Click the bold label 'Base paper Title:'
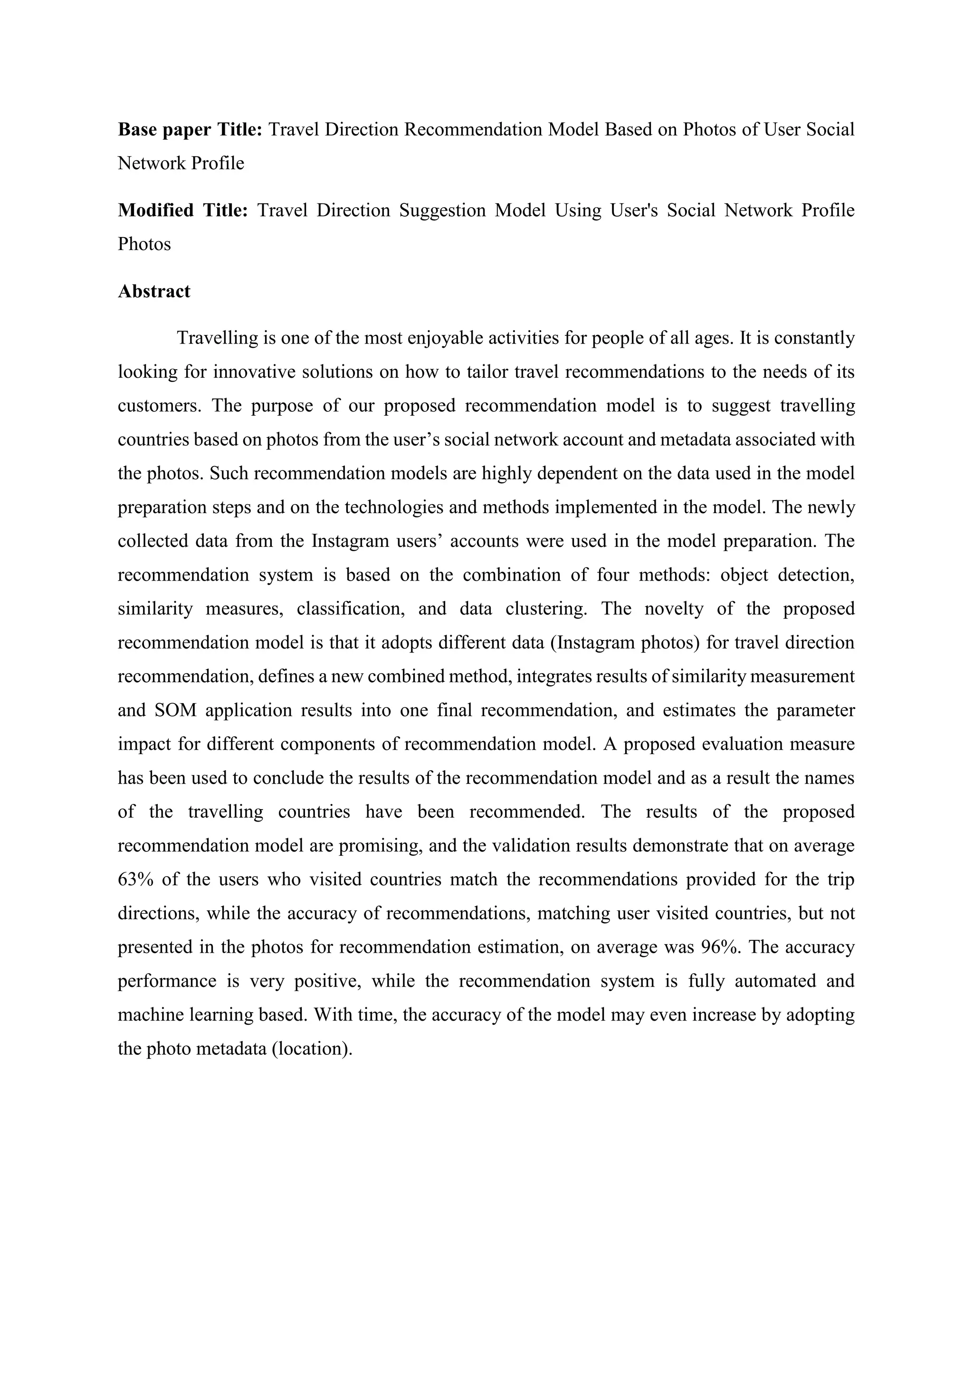click(190, 129)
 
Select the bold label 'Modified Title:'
click(183, 210)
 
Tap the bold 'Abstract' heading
click(154, 291)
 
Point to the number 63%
click(135, 879)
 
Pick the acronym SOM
click(175, 710)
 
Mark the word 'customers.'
click(158, 406)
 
